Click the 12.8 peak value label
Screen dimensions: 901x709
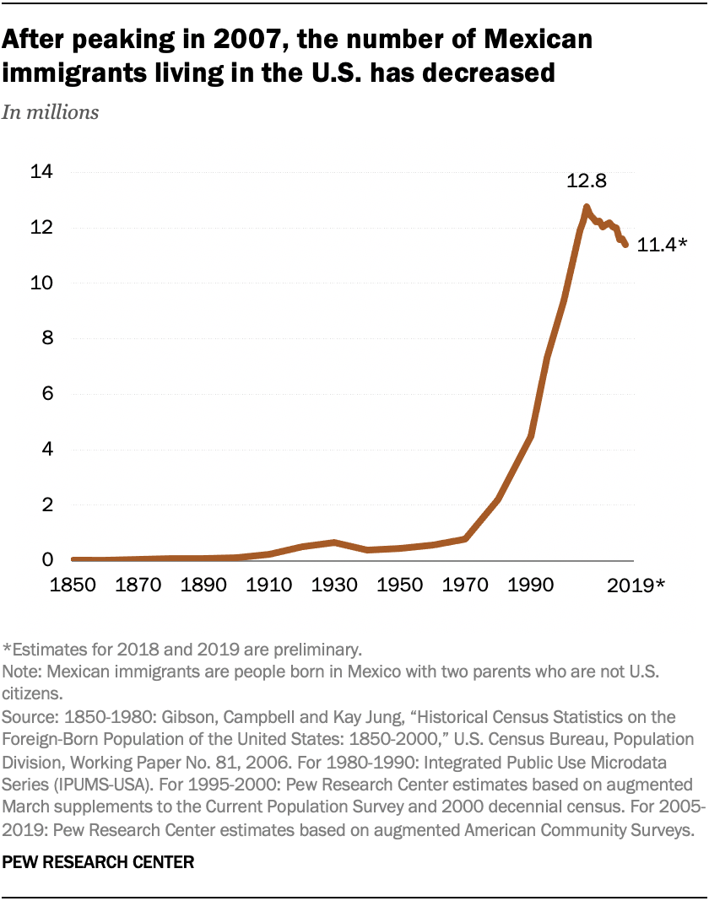pos(587,182)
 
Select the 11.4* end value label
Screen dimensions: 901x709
pos(663,245)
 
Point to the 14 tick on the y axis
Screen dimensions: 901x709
pos(41,172)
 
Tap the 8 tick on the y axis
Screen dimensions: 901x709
pos(47,338)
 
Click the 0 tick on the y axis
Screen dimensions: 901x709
pos(47,560)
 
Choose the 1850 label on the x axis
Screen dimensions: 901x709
pos(73,584)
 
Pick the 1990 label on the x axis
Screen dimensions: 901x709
pos(529,584)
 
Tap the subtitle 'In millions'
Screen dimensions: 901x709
pos(51,112)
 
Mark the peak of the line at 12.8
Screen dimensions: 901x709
pos(586,207)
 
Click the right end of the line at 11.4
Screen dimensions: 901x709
pos(625,245)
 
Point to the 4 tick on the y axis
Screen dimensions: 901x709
pos(47,449)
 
